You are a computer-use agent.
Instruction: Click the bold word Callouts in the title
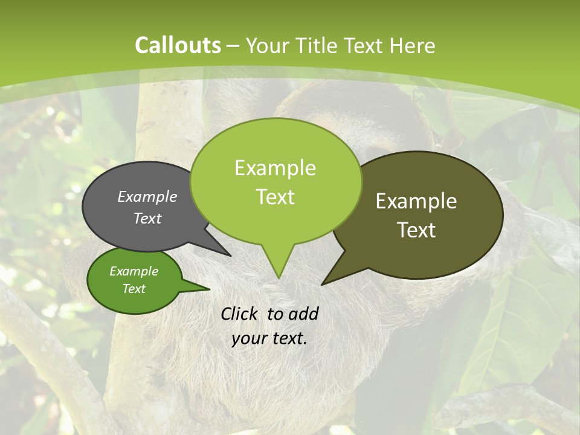[x=178, y=45]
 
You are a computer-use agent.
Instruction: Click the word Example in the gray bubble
[x=147, y=196]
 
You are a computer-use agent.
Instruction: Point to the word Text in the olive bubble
[x=416, y=230]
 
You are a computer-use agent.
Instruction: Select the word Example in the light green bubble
[x=275, y=168]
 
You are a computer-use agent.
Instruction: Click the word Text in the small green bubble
[x=134, y=289]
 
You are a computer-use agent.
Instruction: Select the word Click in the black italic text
[x=240, y=314]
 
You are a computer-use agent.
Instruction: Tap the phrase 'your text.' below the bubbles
[x=269, y=338]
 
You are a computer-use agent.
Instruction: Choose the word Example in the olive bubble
[x=416, y=201]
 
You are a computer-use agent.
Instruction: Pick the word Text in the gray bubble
[x=147, y=218]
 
